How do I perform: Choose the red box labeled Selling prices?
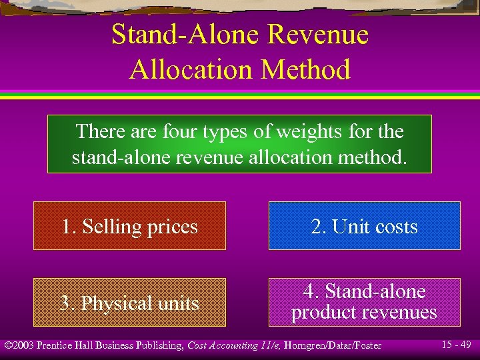point(130,226)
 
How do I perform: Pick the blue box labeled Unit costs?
point(364,226)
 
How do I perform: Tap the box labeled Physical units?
point(130,303)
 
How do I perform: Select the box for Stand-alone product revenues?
point(364,302)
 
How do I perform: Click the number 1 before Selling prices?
point(67,227)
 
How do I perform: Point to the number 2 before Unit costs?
point(317,227)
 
